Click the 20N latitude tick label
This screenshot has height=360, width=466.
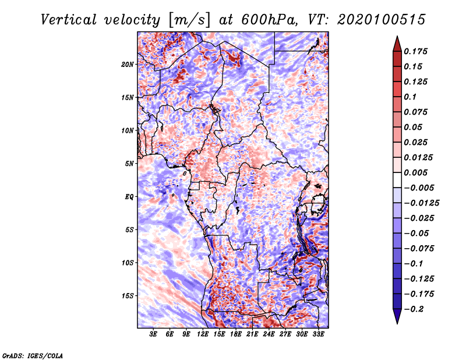[x=127, y=64]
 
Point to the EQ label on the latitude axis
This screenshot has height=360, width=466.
[x=129, y=197]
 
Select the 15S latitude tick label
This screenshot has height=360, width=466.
[x=128, y=296]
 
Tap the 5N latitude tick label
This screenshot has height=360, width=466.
[x=129, y=164]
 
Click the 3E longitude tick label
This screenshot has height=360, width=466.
[x=153, y=334]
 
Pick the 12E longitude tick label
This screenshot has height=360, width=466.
[x=203, y=334]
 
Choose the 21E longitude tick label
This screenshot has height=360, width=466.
[x=252, y=334]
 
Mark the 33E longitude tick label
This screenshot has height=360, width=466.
[x=318, y=334]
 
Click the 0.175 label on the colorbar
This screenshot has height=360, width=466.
[x=415, y=51]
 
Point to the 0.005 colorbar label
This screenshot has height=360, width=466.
[x=415, y=172]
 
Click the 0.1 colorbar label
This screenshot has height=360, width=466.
[x=410, y=97]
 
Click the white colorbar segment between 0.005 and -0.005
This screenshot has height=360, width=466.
[x=397, y=180]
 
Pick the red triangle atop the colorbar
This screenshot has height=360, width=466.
[x=397, y=44]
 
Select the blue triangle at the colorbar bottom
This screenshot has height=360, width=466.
[x=397, y=316]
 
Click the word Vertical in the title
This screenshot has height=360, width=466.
[x=69, y=20]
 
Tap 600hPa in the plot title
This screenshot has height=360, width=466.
[x=269, y=20]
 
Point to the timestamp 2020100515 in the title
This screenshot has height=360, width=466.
[x=382, y=20]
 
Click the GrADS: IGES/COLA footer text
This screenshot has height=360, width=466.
[x=33, y=355]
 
